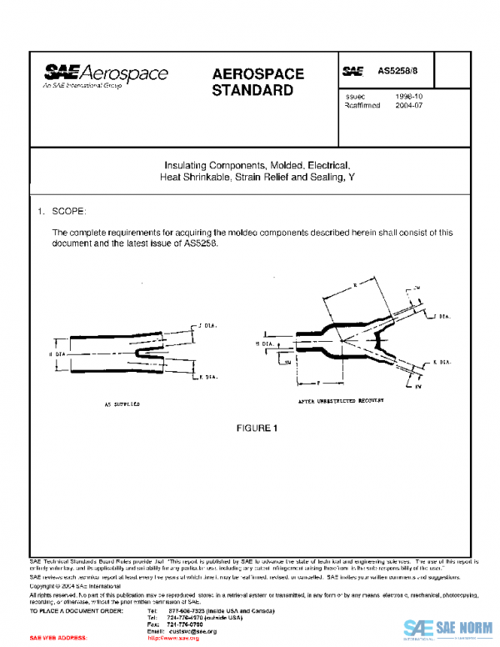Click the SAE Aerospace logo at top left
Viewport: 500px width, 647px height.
106,75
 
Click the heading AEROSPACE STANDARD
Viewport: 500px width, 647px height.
257,82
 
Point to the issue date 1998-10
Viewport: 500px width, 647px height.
408,97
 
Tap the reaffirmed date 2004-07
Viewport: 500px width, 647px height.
408,106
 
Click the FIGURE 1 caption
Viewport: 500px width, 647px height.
256,429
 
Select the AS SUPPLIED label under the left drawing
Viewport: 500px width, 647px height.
122,403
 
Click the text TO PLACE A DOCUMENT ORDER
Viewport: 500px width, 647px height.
77,611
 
